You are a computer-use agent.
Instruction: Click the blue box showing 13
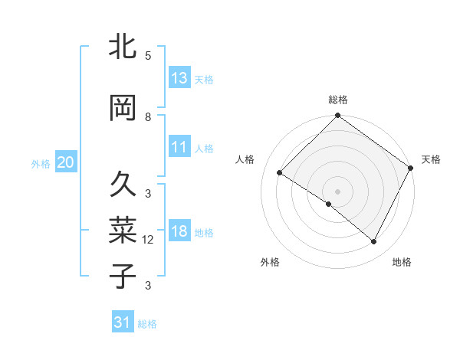point(179,78)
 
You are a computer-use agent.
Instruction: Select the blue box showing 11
point(179,147)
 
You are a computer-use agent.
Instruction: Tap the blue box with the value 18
point(179,231)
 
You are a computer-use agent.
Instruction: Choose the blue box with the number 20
point(66,162)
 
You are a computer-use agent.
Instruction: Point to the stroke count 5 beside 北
point(148,56)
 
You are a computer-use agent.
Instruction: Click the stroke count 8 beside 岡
point(148,117)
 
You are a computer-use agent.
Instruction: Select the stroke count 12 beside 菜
point(148,240)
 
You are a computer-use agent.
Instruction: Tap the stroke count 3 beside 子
point(148,286)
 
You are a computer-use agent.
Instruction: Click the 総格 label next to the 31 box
point(147,324)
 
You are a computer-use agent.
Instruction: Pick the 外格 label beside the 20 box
point(41,163)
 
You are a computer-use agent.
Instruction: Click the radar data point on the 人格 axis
point(280,173)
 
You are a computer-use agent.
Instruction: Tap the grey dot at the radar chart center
point(337,191)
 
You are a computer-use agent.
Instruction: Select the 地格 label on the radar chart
point(402,262)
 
